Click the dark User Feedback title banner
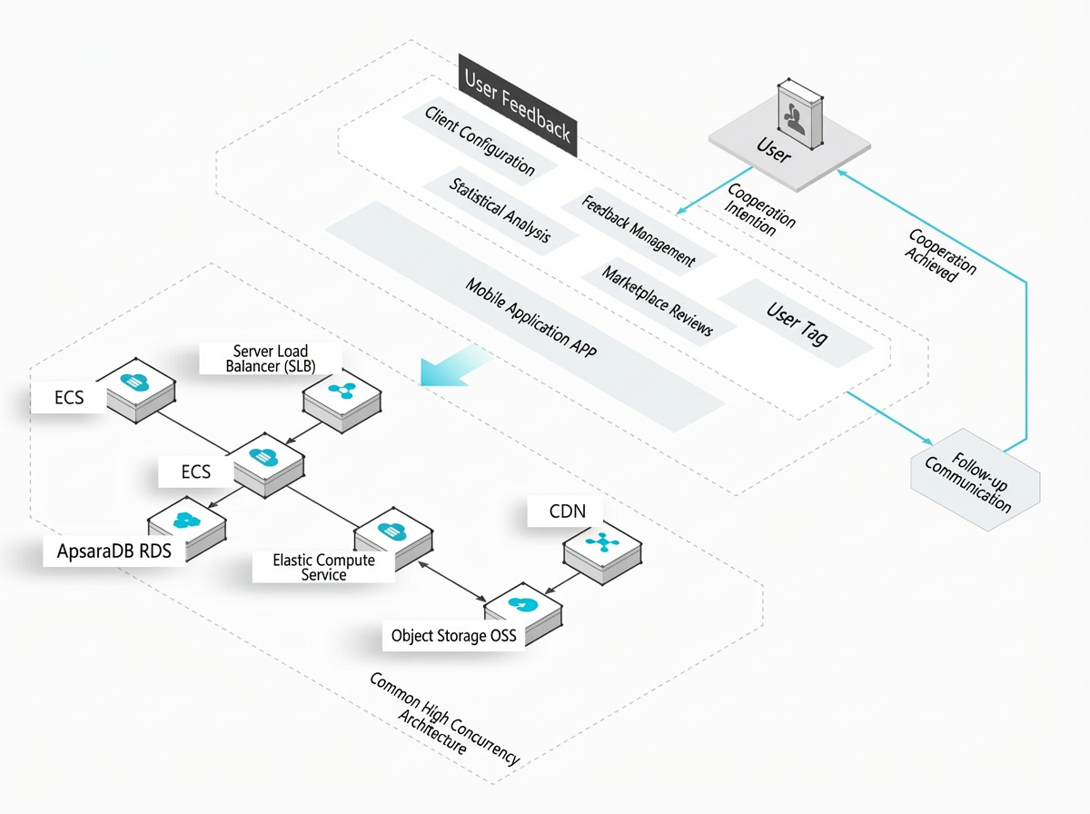point(518,105)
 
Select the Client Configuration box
point(480,142)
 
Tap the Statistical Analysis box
point(500,211)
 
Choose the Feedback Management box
point(639,231)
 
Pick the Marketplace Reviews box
point(658,301)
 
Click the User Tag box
point(797,323)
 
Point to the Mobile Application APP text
point(530,318)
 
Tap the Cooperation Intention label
point(759,209)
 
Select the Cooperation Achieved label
point(940,255)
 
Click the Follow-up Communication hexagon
point(976,480)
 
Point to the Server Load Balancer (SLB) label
point(271,359)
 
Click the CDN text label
point(567,511)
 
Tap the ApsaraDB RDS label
point(114,551)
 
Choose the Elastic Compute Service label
point(323,567)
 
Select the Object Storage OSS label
point(454,636)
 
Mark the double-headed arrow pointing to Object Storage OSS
point(451,581)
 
